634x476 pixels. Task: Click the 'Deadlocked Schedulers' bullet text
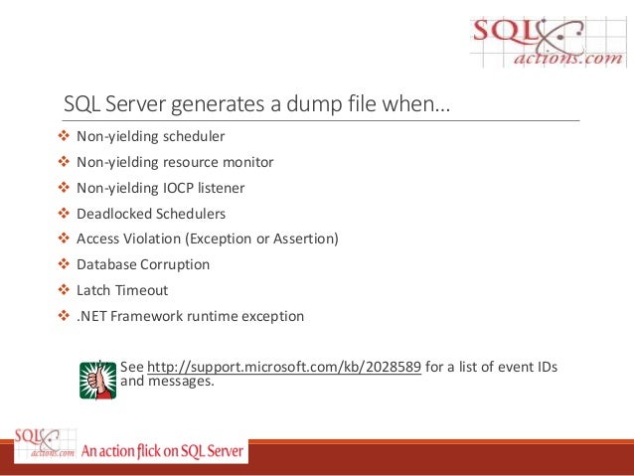coord(151,214)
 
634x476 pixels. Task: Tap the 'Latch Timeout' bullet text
coord(122,291)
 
